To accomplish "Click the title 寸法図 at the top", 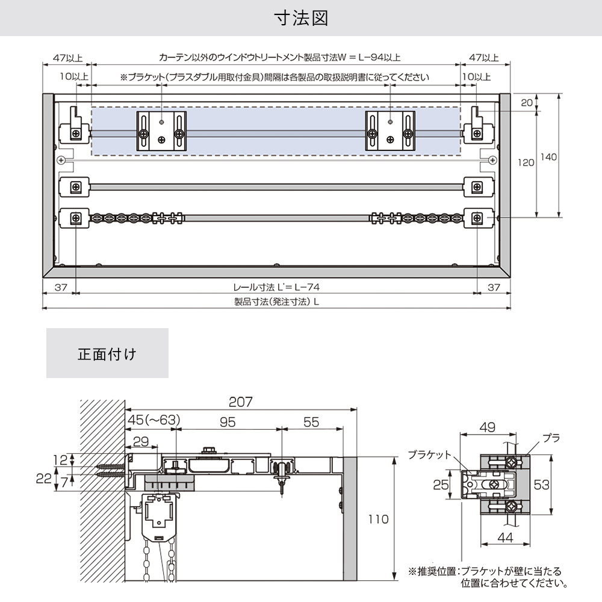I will point(301,18).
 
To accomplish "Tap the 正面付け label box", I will point(107,353).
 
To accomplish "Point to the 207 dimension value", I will point(241,402).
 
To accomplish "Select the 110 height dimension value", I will point(379,518).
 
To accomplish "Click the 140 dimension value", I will point(549,157).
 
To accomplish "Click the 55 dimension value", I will point(311,423).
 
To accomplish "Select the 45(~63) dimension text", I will point(153,420).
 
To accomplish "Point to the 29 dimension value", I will point(140,441).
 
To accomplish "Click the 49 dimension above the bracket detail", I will point(488,428).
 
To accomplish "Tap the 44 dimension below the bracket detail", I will point(506,538).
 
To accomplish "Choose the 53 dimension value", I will point(541,485).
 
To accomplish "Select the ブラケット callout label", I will point(429,455).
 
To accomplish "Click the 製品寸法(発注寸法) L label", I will point(276,302).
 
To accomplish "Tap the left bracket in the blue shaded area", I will point(161,131).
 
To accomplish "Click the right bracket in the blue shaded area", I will point(390,131).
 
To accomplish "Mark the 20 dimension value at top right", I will point(527,103).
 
